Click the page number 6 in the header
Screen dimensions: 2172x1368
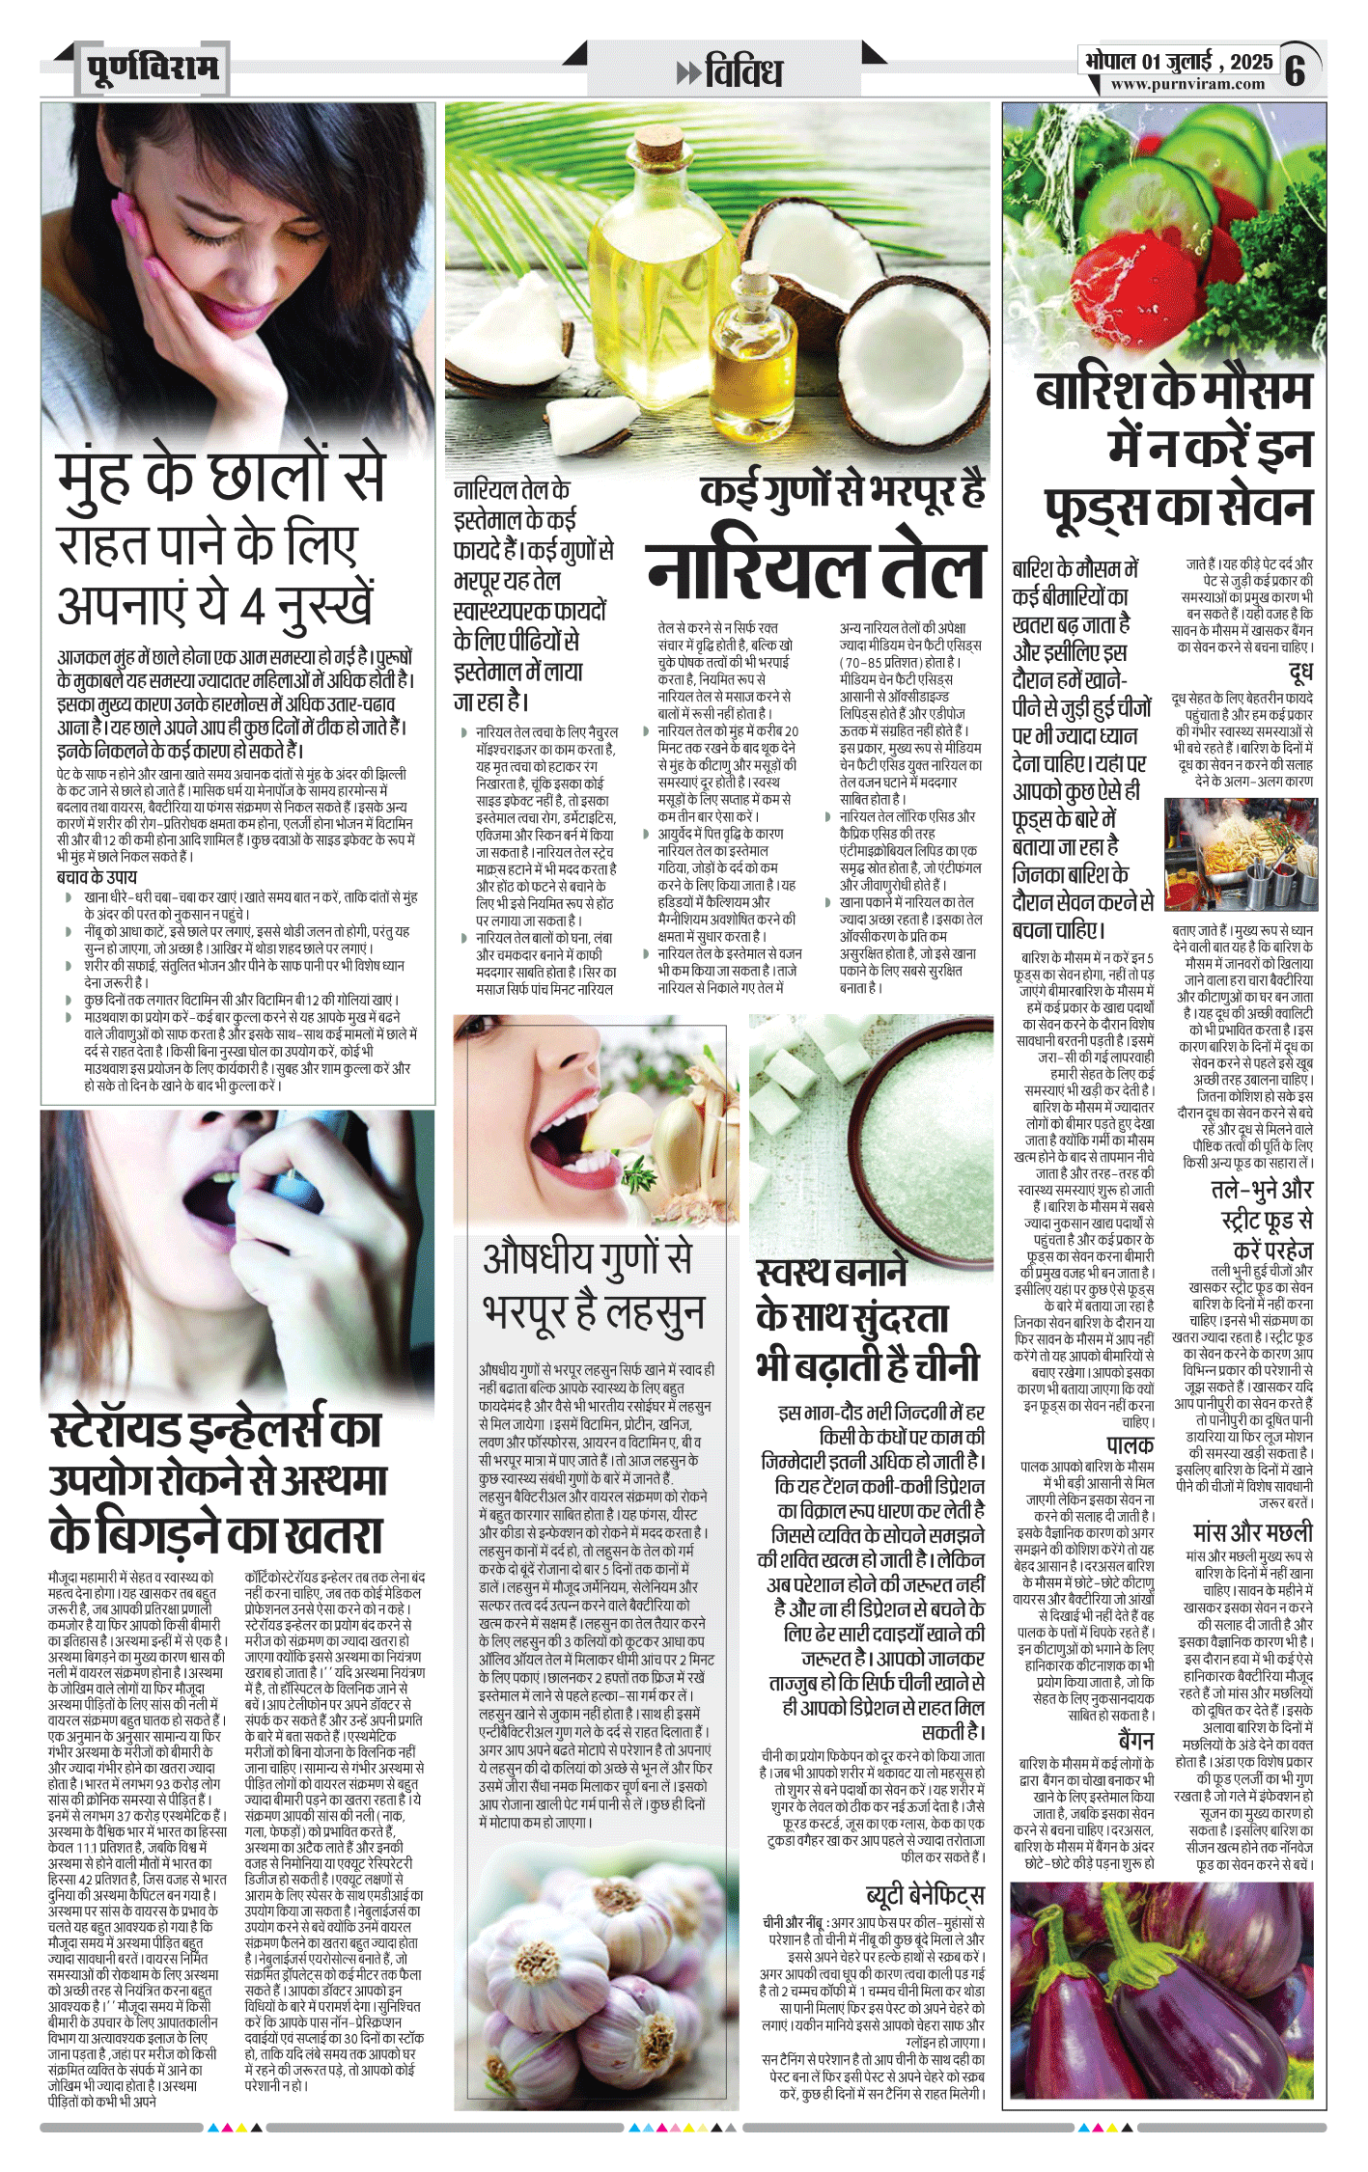tap(1295, 70)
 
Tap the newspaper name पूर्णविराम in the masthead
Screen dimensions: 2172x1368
tap(153, 69)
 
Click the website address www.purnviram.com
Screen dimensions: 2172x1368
tap(1187, 84)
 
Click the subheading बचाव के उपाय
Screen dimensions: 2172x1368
tap(97, 877)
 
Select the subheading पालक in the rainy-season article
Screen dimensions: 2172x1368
tap(1130, 1444)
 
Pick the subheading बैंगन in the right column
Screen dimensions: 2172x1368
tap(1135, 1741)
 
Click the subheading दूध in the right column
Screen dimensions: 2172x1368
tap(1299, 672)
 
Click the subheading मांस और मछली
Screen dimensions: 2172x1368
tap(1252, 1532)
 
